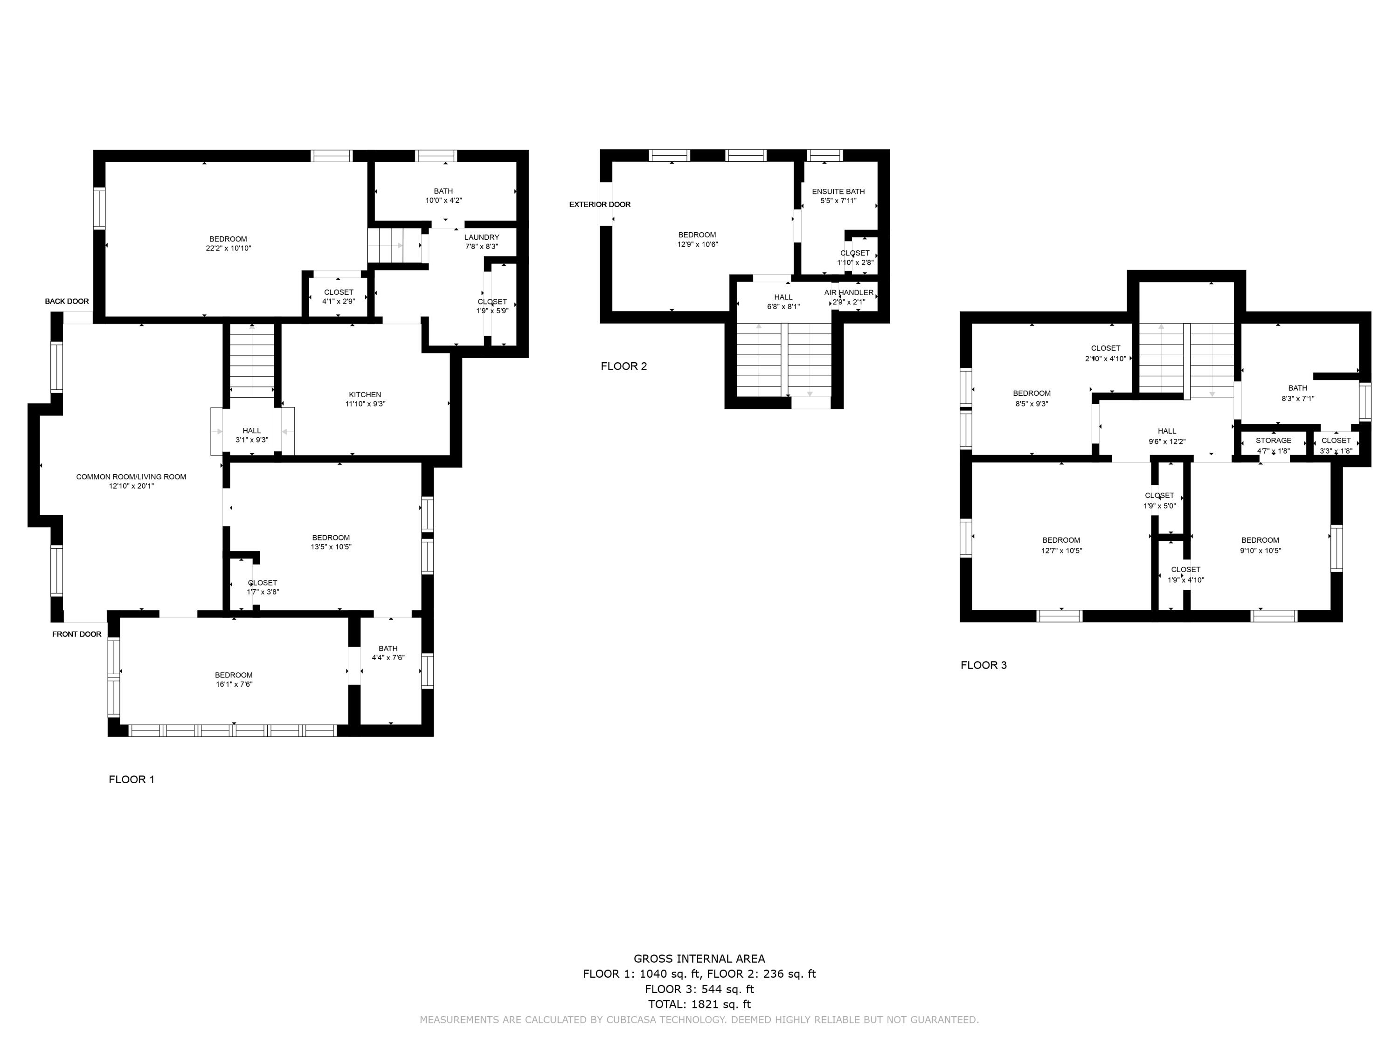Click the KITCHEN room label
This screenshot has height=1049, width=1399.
365,394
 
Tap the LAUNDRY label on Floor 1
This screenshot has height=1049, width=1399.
482,238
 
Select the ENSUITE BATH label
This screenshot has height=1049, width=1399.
838,192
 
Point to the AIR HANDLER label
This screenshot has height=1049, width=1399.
849,293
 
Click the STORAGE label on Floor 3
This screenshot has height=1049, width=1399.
1274,441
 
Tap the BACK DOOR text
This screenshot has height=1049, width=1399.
67,302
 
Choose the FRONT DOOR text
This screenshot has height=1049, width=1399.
76,634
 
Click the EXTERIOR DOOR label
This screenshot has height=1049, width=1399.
600,204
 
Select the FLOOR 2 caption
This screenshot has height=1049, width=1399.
623,366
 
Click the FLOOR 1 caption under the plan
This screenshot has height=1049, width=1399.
132,779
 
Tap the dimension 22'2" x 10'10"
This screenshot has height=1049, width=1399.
229,248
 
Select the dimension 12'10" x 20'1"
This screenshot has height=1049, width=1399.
132,486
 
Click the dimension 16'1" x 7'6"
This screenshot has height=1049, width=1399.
234,684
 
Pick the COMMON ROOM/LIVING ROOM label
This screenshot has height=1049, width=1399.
132,477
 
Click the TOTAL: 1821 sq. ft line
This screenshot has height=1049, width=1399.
699,1004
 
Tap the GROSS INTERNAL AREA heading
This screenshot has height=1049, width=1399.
699,959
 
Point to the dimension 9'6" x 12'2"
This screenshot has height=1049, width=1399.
1167,442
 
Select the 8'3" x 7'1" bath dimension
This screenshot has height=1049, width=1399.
1298,398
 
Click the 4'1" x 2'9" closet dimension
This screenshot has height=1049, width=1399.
339,302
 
